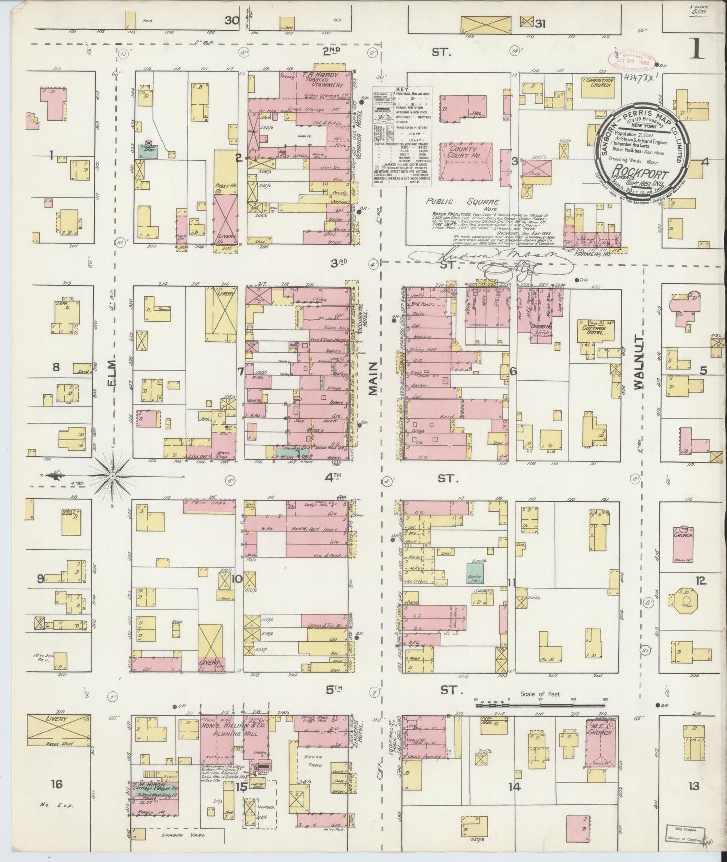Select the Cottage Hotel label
coord(593,330)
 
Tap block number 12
coord(700,581)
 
